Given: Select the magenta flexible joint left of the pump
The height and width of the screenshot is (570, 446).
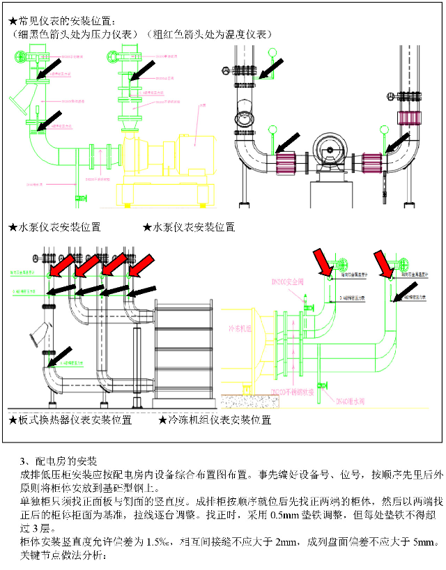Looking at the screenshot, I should pyautogui.click(x=286, y=164).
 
